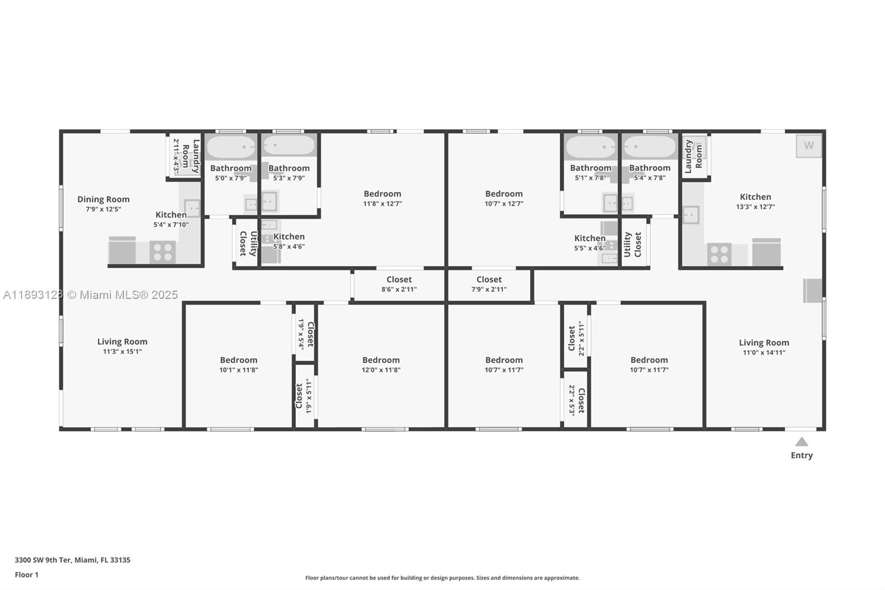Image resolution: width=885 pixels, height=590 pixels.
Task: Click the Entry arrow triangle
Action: tap(801, 442)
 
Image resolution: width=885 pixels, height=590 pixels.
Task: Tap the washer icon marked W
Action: tap(809, 146)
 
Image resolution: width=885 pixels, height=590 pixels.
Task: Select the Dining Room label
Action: tap(103, 199)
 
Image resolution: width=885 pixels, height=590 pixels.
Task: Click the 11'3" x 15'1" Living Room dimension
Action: tap(122, 351)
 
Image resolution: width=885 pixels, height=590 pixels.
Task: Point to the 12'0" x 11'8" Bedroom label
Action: tap(381, 360)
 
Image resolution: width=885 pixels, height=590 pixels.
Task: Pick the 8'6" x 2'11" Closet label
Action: tap(399, 280)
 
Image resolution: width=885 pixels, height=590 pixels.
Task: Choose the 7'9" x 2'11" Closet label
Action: tap(489, 280)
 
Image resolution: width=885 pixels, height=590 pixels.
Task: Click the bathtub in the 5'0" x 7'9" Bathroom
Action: tap(231, 147)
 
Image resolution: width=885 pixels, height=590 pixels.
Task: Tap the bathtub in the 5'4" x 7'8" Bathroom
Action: tap(649, 147)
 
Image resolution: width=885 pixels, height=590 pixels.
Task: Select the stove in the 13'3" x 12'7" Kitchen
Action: tap(719, 255)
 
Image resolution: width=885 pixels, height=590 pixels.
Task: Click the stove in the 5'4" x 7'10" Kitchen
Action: tap(163, 252)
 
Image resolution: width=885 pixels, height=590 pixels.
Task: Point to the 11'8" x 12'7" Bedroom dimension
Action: tap(382, 204)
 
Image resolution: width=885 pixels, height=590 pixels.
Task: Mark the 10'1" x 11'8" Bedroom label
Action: tap(238, 360)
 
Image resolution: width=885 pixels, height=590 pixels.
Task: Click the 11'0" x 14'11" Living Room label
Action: tap(764, 343)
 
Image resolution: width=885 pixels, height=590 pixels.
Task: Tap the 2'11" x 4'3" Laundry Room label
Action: tap(186, 157)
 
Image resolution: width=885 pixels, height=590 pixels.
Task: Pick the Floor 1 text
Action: tap(27, 575)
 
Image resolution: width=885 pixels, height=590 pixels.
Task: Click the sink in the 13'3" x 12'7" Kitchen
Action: tap(691, 215)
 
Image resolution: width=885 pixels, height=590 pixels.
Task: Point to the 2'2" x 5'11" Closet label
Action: tap(575, 338)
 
